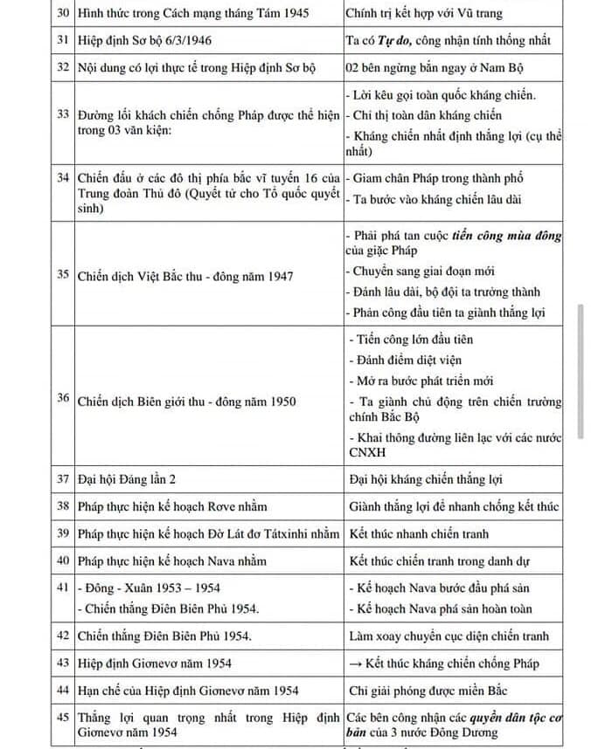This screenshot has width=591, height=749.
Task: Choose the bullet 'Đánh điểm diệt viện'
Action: [406, 360]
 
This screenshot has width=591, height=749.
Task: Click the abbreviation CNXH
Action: [365, 453]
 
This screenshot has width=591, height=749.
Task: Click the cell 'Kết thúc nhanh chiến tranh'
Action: [419, 533]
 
